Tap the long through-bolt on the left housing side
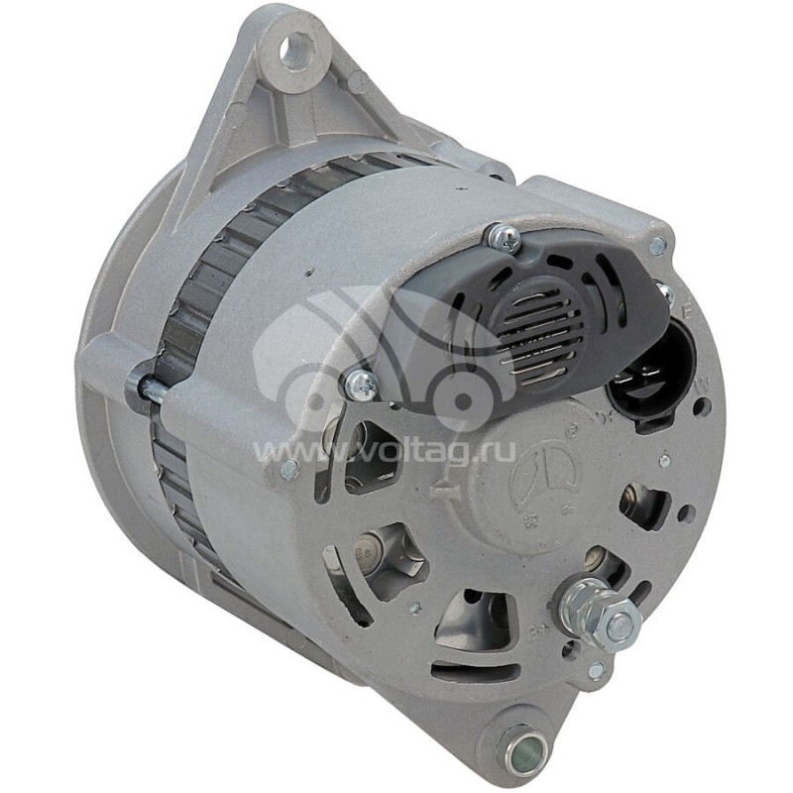pos(149,386)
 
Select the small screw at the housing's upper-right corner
pos(656,245)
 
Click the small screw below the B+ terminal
pos(596,671)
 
